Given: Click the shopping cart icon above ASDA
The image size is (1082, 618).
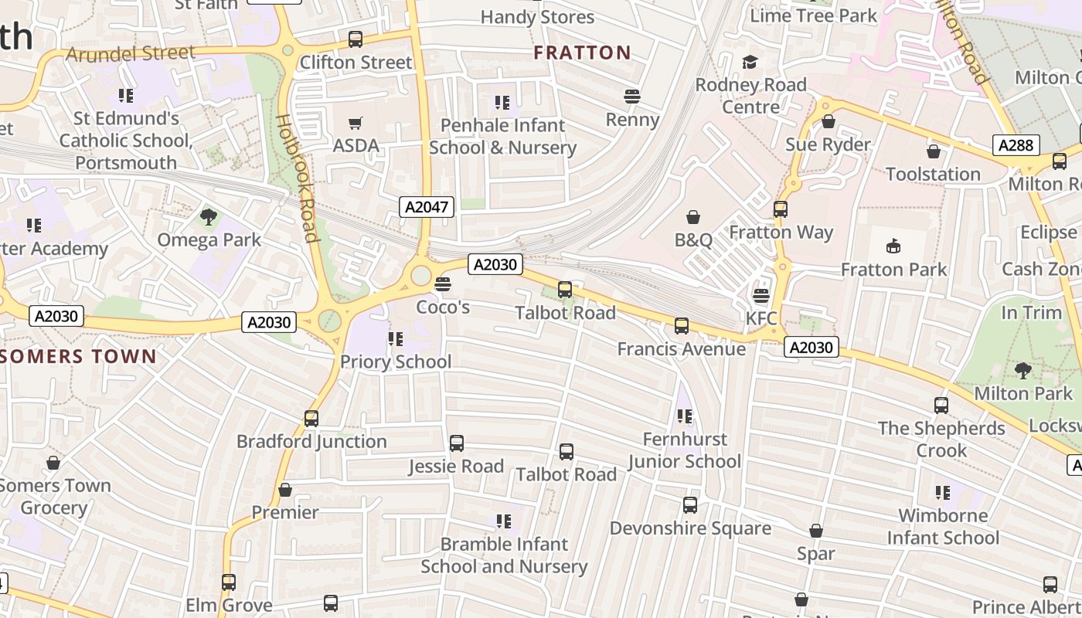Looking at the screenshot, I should (356, 123).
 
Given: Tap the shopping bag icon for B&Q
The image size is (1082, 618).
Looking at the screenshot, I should (693, 218).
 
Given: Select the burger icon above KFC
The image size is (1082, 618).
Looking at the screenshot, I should (761, 296).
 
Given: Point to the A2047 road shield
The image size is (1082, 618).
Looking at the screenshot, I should (427, 206).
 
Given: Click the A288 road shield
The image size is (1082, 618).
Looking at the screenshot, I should (1016, 144).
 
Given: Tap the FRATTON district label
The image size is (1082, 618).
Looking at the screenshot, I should (583, 53).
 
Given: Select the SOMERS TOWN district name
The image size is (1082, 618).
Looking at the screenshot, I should (78, 356).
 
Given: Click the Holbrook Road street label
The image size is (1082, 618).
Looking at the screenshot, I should (298, 178).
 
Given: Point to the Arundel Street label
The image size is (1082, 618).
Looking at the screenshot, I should (130, 53).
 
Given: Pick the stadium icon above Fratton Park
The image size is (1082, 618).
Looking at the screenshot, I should (893, 246).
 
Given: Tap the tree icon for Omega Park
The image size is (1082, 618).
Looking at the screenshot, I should (208, 217).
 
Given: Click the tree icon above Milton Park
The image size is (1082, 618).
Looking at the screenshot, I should (1022, 371).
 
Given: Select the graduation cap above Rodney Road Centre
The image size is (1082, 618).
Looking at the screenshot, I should (750, 62).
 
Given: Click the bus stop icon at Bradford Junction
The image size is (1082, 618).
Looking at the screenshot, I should (311, 419).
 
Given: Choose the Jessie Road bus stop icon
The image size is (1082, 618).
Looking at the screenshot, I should (457, 443).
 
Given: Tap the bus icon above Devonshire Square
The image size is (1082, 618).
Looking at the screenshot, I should (690, 505).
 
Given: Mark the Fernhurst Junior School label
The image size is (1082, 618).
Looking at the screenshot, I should (685, 450).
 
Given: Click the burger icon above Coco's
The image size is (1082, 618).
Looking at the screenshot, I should (443, 284).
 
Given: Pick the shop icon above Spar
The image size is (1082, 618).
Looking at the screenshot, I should (816, 531).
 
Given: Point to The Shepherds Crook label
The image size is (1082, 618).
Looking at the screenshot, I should (941, 439).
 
